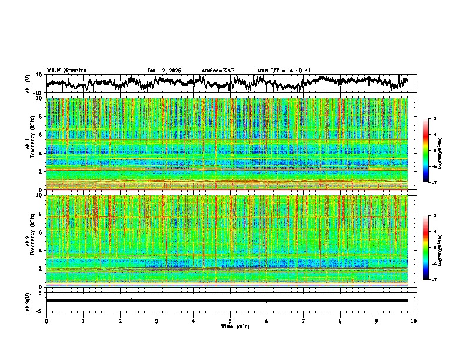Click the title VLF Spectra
tap(66, 70)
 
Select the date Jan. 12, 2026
tap(164, 71)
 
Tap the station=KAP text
tap(218, 71)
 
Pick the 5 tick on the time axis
tap(230, 321)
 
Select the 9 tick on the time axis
tap(377, 321)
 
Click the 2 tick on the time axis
tap(120, 321)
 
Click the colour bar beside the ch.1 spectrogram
tap(432, 151)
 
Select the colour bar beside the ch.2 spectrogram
tap(432, 248)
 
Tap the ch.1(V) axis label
tap(28, 84)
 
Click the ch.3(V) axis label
tap(28, 300)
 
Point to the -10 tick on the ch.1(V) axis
tap(37, 93)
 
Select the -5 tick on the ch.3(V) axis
tap(38, 310)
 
